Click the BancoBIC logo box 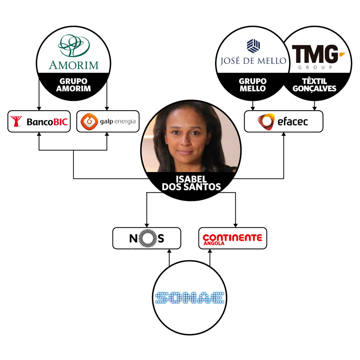[x=39, y=122]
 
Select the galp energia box [x=107, y=122]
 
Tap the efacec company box [x=283, y=122]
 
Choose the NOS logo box [x=147, y=238]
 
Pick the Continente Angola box [x=232, y=238]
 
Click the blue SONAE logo [x=189, y=297]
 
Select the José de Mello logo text [x=253, y=61]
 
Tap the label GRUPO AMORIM [x=74, y=85]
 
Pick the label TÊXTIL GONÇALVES [x=315, y=85]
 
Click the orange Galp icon [x=87, y=122]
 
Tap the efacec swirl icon [x=266, y=122]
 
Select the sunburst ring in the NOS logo [x=147, y=238]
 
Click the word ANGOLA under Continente [x=213, y=243]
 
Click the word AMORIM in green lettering [x=74, y=64]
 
